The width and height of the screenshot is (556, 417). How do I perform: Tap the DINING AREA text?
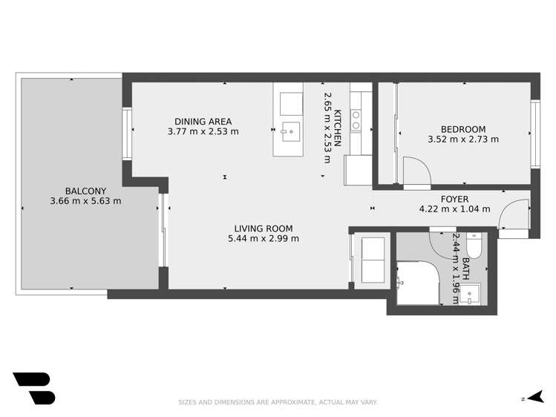[203, 122]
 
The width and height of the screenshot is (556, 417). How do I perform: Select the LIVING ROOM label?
[264, 229]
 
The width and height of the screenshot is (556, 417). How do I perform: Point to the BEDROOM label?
[462, 128]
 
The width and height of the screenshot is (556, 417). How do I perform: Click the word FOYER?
[454, 199]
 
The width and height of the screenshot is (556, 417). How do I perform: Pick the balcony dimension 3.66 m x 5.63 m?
[85, 200]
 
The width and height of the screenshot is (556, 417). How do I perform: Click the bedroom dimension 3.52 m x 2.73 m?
[463, 139]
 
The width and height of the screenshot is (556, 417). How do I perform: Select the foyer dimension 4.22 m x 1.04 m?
[454, 209]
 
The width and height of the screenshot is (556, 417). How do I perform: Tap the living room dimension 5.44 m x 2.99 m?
[264, 239]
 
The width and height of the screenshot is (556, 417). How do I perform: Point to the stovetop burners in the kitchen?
[356, 120]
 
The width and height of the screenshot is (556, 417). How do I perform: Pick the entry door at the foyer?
[511, 217]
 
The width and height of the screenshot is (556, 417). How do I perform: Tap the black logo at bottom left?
[34, 388]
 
